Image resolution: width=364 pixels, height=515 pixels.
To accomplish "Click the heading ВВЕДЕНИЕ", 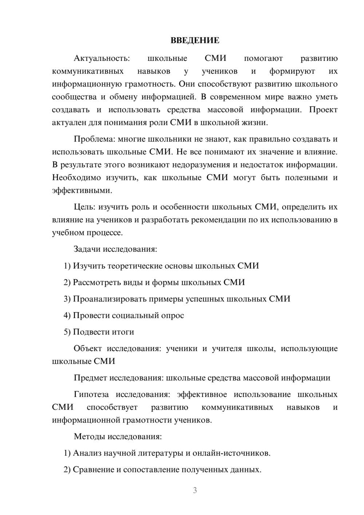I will (195, 40).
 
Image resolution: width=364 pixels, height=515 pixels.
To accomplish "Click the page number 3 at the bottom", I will (195, 490).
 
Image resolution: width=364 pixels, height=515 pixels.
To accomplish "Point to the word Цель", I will (84, 207).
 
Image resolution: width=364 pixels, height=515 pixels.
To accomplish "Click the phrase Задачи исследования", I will (115, 249).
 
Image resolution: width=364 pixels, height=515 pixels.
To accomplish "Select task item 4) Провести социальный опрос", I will (124, 315).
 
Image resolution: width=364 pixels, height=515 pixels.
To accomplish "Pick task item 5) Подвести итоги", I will (99, 332).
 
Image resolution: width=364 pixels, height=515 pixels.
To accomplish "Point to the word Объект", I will (88, 349).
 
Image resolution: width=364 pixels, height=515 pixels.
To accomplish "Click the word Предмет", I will (90, 378).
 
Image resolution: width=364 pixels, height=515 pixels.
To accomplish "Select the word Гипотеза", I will (91, 395).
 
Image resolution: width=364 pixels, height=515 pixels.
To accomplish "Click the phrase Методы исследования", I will (118, 437).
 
